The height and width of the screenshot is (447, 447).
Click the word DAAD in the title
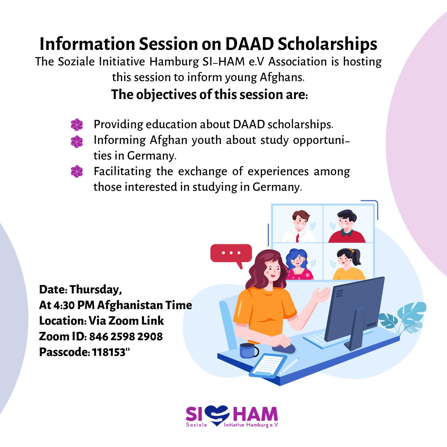249,44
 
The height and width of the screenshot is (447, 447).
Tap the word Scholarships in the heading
327,44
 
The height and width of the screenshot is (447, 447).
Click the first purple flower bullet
77,125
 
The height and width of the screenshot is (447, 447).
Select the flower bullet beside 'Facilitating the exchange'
77,172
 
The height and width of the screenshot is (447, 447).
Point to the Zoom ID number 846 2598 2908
126,336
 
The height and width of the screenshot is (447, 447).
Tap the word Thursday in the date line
96,289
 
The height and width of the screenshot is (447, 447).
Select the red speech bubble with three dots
231,253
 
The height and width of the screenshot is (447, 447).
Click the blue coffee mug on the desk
248,351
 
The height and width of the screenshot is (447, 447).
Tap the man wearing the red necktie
299,227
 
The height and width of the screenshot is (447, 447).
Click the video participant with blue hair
298,264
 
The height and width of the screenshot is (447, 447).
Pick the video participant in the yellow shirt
348,264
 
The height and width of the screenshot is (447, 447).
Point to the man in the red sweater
346,227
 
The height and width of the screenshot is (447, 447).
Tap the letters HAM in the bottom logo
255,414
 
